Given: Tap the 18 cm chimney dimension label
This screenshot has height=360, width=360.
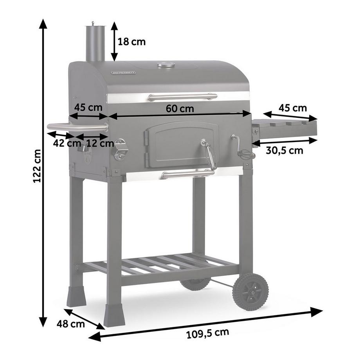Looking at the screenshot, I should pos(131,42).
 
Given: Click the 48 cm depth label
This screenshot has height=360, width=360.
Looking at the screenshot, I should pos(71,324).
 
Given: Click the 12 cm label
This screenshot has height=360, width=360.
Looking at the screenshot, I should pos(100,143).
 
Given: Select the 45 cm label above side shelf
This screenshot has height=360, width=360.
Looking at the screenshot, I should pos(293,108).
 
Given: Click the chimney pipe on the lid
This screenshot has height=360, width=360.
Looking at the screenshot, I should pos(95,43).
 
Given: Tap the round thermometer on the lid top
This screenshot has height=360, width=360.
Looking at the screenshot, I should pos(166,65).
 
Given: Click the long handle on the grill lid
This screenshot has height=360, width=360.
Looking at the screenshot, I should pos(182,97).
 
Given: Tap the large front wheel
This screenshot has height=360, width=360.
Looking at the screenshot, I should pos(250,292).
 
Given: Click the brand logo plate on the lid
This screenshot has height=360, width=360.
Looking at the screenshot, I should pos(123,73).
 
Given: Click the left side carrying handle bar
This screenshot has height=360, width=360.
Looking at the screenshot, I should pos(77,127).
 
